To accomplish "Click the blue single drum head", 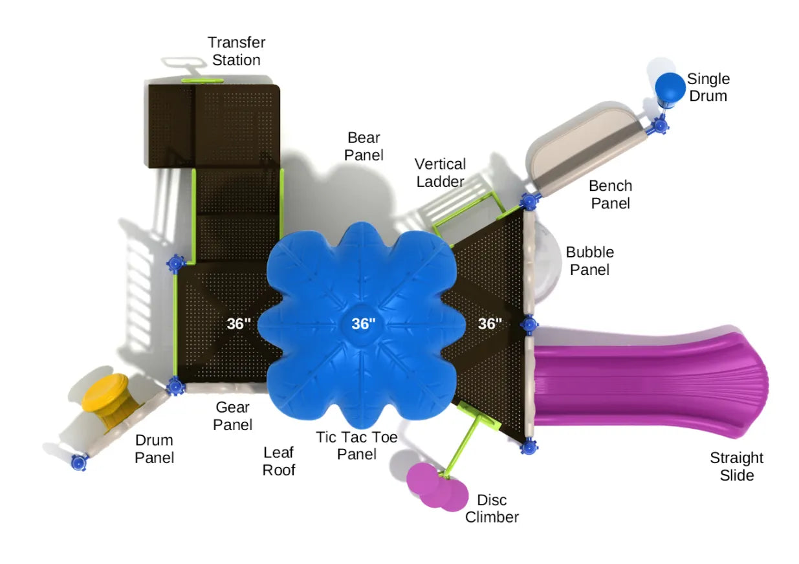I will pyautogui.click(x=670, y=86).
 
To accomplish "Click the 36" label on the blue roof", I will pyautogui.click(x=363, y=324).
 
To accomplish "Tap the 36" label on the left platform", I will pyautogui.click(x=239, y=324).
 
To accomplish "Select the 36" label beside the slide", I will pyautogui.click(x=490, y=324).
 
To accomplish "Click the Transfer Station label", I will pyautogui.click(x=236, y=52).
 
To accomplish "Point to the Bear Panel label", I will pyautogui.click(x=364, y=146).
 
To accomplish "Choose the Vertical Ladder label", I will pyautogui.click(x=440, y=173).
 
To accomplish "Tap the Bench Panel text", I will pyautogui.click(x=610, y=194).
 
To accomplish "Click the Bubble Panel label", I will pyautogui.click(x=589, y=261).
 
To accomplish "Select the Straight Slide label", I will pyautogui.click(x=736, y=466).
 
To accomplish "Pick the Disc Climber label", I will pyautogui.click(x=492, y=508).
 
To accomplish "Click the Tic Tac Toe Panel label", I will pyautogui.click(x=356, y=446).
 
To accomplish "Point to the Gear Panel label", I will pyautogui.click(x=233, y=416).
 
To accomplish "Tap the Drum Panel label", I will pyautogui.click(x=154, y=449).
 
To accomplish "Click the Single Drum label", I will pyautogui.click(x=708, y=87).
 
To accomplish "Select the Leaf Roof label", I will pyautogui.click(x=278, y=461).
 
